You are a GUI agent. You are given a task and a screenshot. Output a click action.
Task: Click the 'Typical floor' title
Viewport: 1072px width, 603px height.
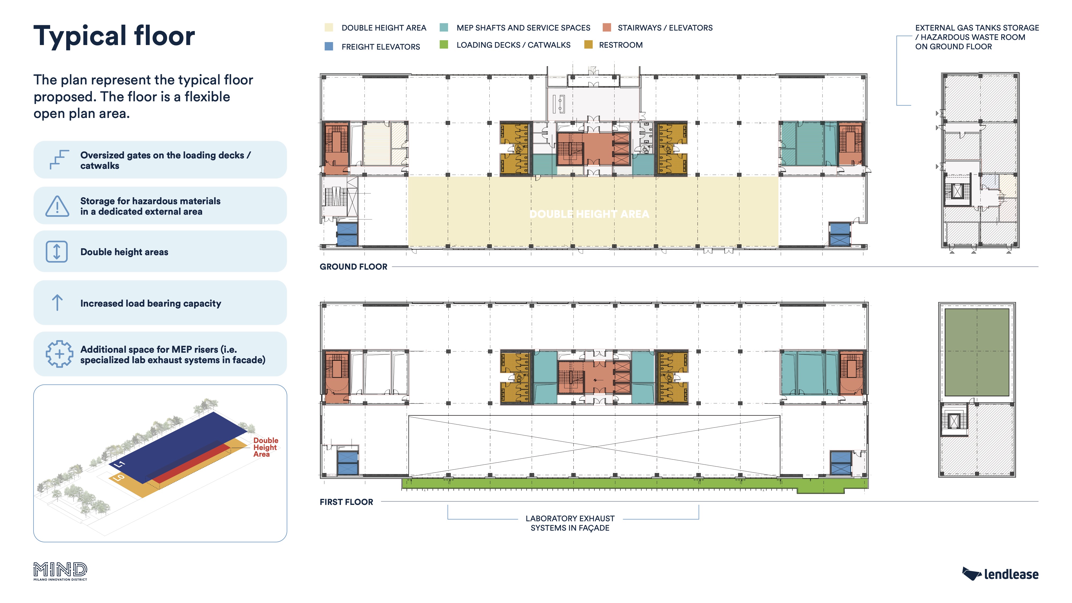click(x=114, y=36)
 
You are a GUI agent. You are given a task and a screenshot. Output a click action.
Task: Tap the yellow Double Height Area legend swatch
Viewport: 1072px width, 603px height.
click(x=329, y=27)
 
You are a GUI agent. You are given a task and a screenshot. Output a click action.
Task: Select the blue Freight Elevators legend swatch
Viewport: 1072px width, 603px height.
click(x=329, y=46)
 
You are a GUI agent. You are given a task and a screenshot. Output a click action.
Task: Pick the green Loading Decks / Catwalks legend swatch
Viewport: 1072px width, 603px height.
click(x=444, y=44)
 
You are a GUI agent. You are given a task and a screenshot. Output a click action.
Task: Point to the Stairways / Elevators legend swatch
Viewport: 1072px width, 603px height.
click(x=607, y=27)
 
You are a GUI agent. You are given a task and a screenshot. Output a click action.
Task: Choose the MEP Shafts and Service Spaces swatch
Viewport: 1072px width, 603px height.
click(x=444, y=27)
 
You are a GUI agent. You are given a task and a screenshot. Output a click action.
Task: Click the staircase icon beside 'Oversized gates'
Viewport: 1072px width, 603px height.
click(x=59, y=159)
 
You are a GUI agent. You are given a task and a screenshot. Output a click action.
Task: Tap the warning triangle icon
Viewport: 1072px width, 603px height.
click(x=57, y=206)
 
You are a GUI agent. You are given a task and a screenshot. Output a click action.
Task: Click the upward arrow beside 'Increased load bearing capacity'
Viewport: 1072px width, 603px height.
click(x=57, y=303)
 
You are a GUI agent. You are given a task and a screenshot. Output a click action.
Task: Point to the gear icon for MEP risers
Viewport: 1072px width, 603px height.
click(x=59, y=354)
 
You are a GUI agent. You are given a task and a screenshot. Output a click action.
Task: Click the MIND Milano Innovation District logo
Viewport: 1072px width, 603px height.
click(x=60, y=571)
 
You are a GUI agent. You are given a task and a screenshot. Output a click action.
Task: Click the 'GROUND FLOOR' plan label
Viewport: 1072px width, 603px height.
click(x=353, y=267)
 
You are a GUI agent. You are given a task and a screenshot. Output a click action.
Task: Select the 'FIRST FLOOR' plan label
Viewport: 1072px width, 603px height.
click(x=346, y=502)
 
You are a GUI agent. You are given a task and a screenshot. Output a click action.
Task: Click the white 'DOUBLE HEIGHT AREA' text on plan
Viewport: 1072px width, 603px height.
click(x=589, y=214)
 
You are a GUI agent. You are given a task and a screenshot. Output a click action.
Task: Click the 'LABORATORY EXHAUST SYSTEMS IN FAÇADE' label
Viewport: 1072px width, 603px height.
click(x=570, y=523)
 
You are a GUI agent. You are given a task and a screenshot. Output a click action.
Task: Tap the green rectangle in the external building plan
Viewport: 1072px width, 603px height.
click(x=976, y=352)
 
